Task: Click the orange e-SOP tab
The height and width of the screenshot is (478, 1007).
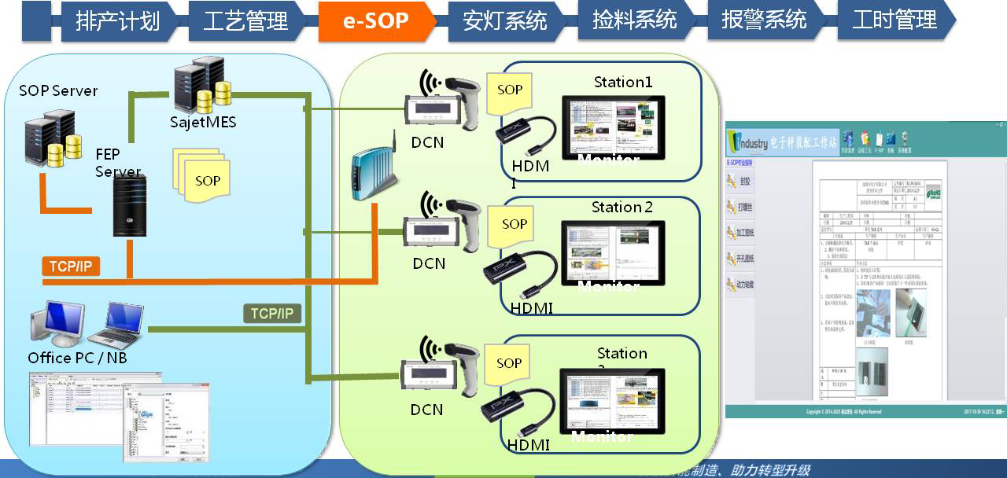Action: tap(375, 20)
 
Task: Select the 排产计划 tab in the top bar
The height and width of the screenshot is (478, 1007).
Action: tap(117, 20)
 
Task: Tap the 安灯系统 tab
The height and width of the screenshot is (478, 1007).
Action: tap(504, 20)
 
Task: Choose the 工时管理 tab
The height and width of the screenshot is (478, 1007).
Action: tap(894, 20)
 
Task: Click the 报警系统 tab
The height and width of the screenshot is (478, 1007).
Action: tap(763, 20)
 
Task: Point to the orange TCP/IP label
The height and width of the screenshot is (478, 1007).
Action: tap(71, 267)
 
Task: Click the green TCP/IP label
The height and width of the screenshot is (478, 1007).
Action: tap(271, 314)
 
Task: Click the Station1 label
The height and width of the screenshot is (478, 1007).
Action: tap(623, 82)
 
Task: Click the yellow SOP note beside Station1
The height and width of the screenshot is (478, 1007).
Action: tap(510, 91)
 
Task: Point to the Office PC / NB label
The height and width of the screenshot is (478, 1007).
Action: tap(77, 358)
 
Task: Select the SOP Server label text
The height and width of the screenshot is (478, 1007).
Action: tap(58, 90)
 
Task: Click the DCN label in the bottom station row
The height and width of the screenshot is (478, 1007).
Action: tap(427, 410)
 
